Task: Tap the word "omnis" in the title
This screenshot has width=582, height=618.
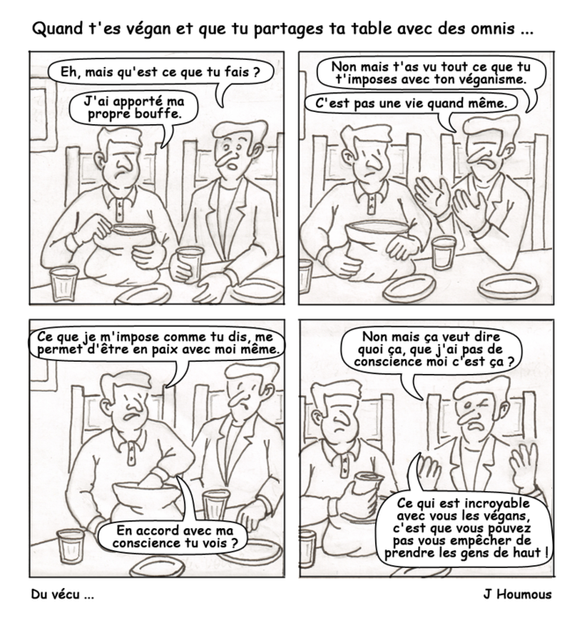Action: pyautogui.click(x=495, y=28)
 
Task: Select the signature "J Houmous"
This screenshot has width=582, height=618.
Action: pyautogui.click(x=517, y=594)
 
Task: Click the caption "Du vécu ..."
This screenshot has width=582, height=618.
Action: pyautogui.click(x=62, y=594)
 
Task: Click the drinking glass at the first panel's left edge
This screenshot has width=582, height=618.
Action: pyautogui.click(x=62, y=283)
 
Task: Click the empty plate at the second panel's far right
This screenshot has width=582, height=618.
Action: pyautogui.click(x=508, y=285)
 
